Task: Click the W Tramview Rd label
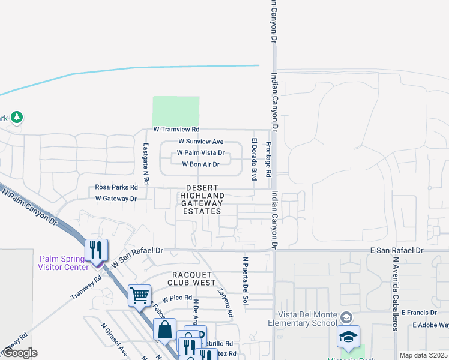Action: click(176, 129)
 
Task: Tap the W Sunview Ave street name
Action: click(200, 141)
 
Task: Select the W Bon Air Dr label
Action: click(200, 164)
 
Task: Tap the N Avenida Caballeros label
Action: click(395, 293)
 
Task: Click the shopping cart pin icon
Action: click(139, 295)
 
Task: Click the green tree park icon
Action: click(17, 117)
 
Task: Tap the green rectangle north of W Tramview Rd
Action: click(176, 111)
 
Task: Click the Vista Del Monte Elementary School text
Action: click(307, 319)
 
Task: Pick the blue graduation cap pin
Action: click(348, 337)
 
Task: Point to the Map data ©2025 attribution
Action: click(423, 355)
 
